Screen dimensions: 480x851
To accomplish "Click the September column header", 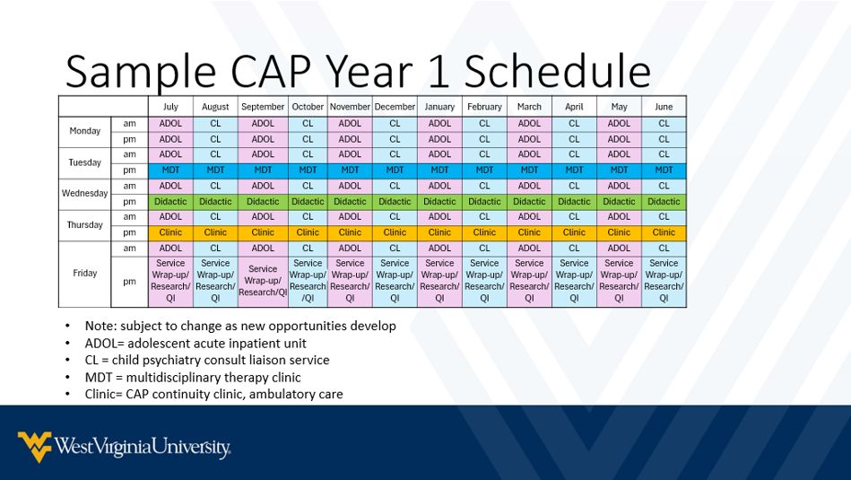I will click(263, 107).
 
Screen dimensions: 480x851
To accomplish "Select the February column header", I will click(484, 107).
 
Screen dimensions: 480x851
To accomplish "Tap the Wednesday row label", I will click(85, 193).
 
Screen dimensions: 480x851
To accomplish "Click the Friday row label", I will click(85, 274).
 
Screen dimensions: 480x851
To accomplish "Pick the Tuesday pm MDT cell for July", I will click(170, 170).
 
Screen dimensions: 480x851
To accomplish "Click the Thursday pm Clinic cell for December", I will click(395, 232).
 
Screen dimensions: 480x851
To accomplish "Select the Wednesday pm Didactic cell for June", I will click(664, 202).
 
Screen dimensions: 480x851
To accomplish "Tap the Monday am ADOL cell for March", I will click(529, 124).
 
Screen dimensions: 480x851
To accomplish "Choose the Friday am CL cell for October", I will click(308, 248).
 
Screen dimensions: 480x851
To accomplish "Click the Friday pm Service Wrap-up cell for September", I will click(263, 280).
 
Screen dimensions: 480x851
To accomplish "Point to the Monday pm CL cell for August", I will click(215, 139).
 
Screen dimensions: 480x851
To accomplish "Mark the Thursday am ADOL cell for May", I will click(619, 216).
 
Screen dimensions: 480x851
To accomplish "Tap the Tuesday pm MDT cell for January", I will click(439, 170).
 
